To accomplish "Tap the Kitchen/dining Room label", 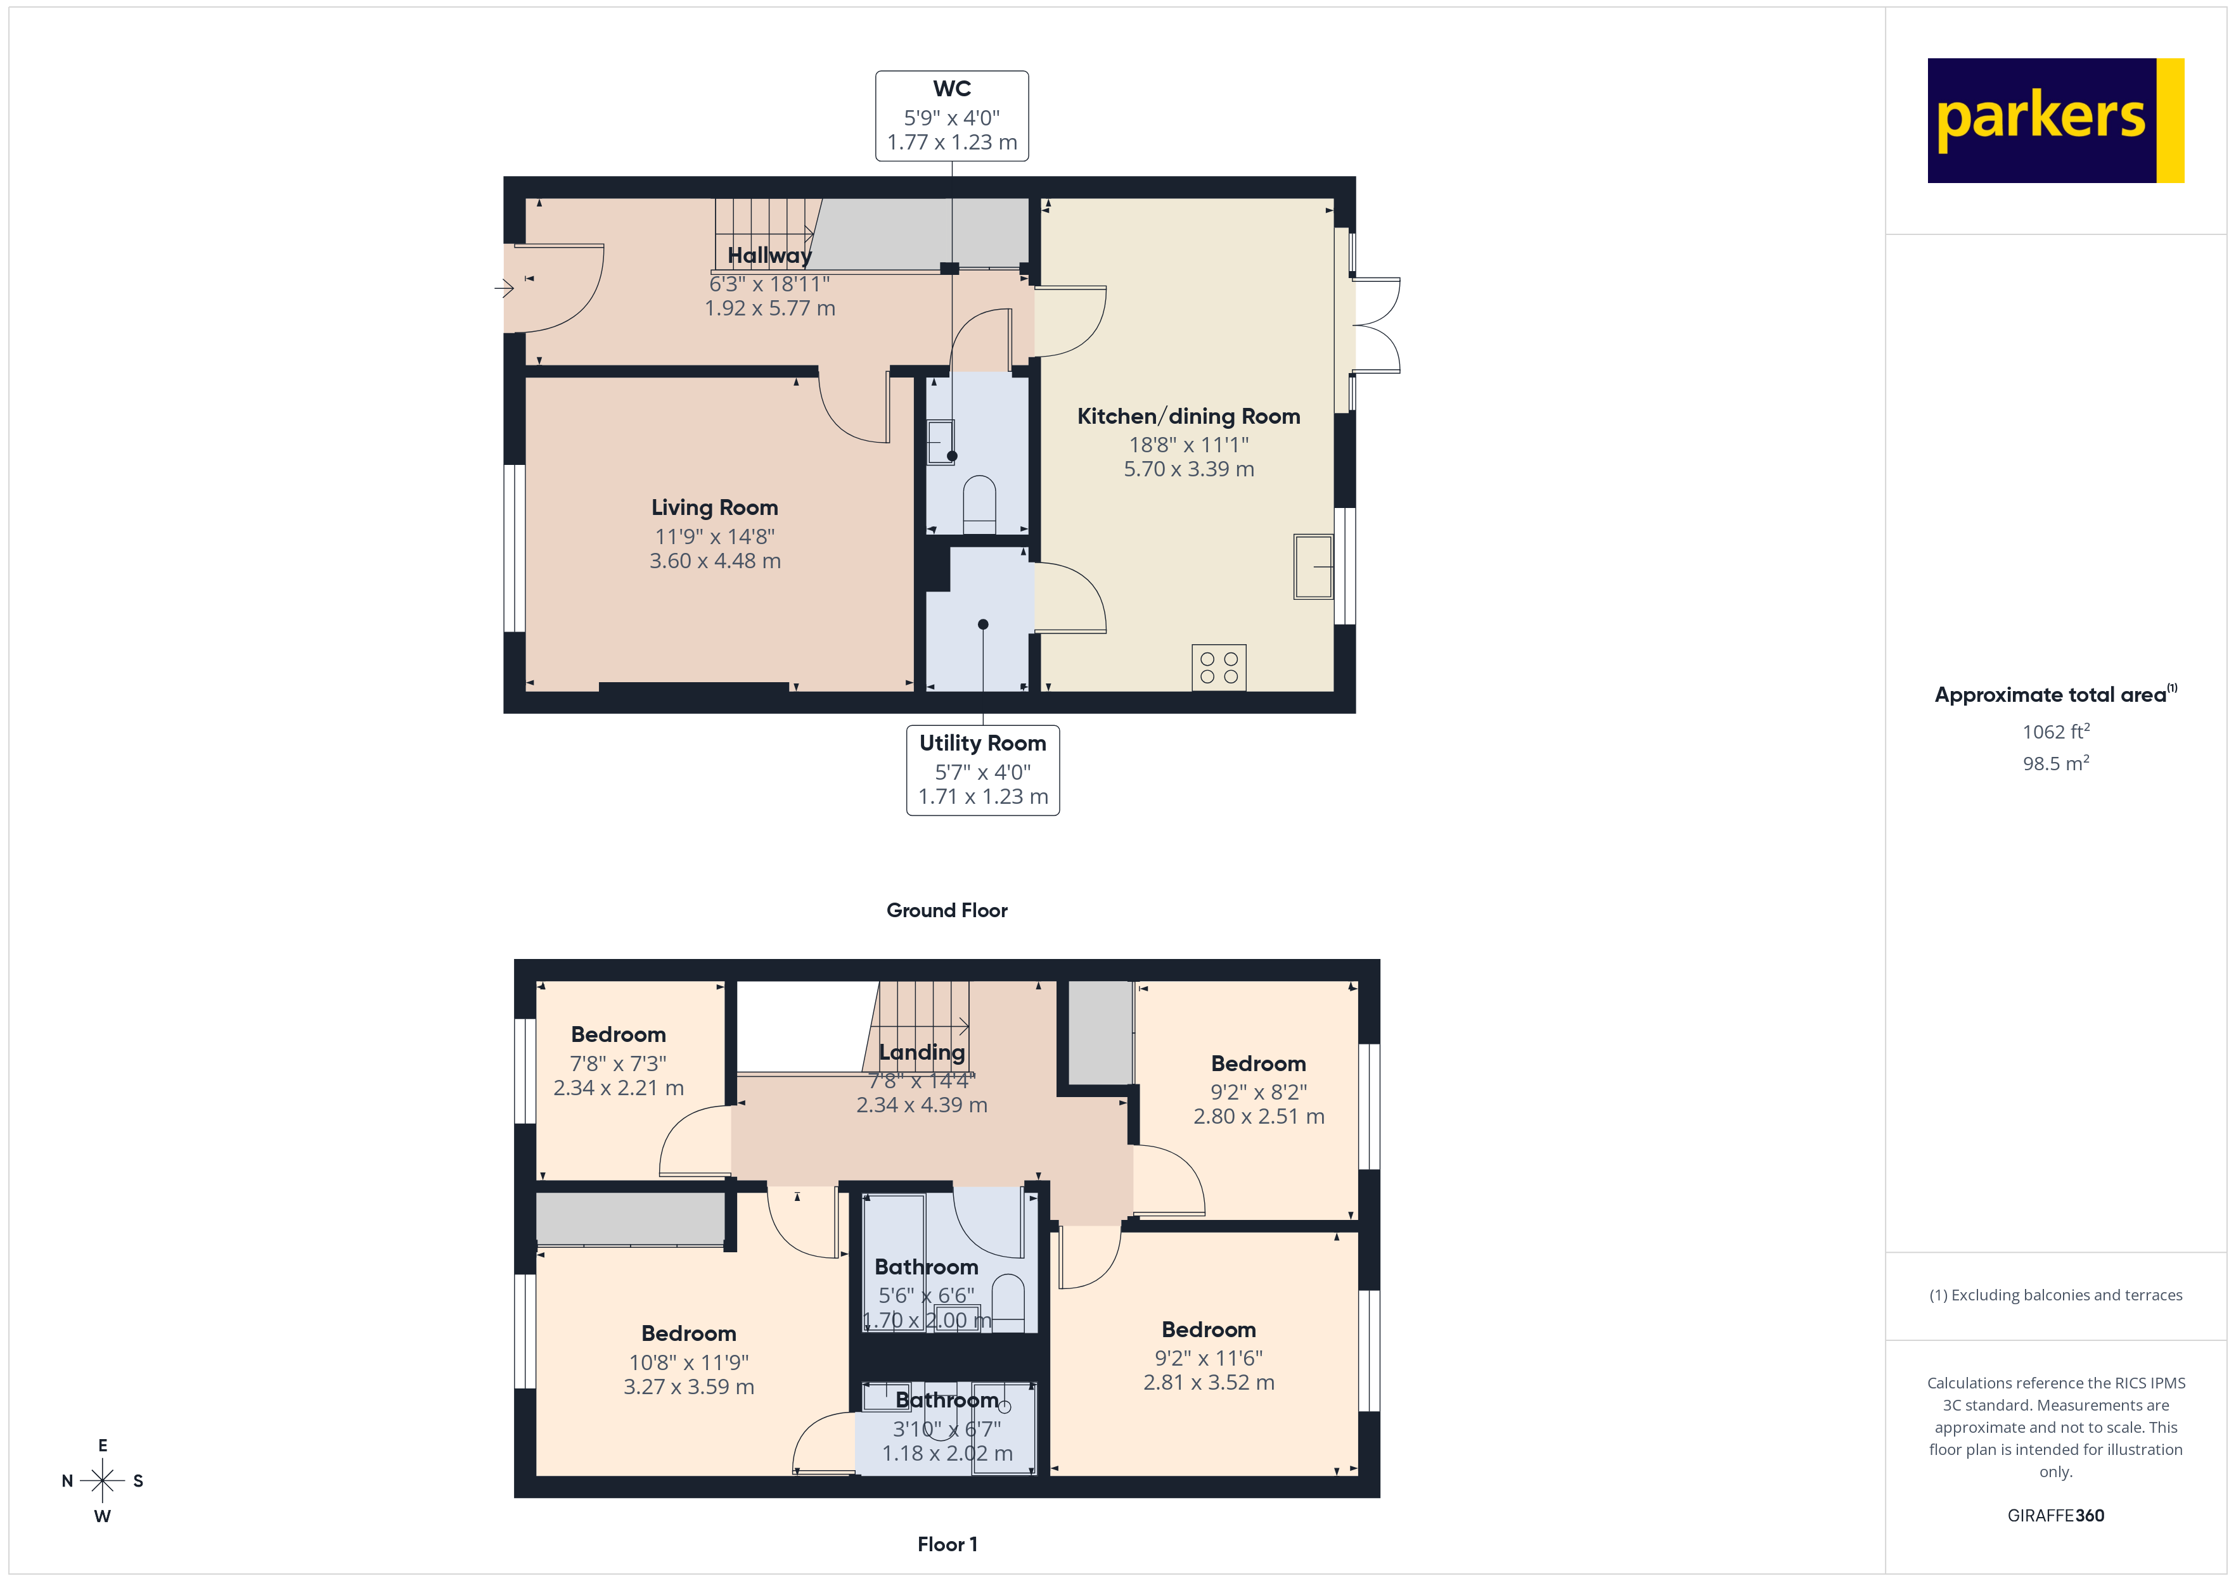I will coord(1188,417).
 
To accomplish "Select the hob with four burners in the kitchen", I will coord(1218,668).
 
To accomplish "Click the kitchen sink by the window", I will coord(1313,567).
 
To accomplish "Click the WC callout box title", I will coord(951,89).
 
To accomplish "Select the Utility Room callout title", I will coord(982,743).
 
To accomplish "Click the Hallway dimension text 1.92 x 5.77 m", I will coord(769,308).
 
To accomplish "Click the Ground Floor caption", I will coord(947,910).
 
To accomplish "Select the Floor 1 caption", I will coord(947,1544).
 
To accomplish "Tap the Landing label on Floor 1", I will coord(922,1052).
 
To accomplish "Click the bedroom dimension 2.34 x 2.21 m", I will coord(619,1088).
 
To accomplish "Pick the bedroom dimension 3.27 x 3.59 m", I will coord(688,1387).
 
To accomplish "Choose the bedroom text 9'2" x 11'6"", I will coord(1209,1358).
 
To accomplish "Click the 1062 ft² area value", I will coord(2055,732).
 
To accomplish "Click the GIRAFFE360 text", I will coord(2055,1516).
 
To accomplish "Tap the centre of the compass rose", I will coord(102,1481).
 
